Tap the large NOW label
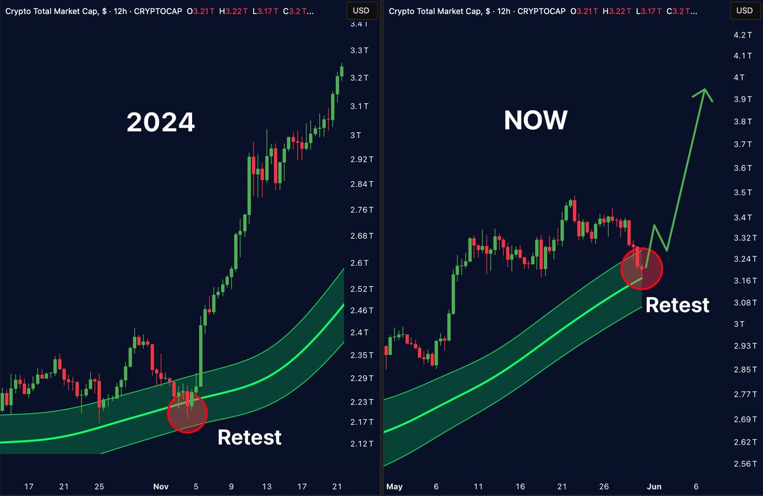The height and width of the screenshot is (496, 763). coord(535,119)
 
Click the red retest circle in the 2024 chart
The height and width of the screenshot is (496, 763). coord(187,413)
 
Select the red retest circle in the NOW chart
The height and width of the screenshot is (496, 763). coord(642,268)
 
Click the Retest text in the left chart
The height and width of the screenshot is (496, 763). coord(249,437)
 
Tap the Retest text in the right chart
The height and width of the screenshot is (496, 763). coord(677,305)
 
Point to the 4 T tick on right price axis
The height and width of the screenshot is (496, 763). coord(739,78)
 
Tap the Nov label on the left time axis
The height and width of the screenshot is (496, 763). coord(162,486)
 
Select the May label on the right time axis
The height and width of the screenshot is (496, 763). coord(395,486)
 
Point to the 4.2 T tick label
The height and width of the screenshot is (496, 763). coord(742,35)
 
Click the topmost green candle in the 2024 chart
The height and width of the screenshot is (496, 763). coord(341,71)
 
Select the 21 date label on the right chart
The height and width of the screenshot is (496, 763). coord(562,486)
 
